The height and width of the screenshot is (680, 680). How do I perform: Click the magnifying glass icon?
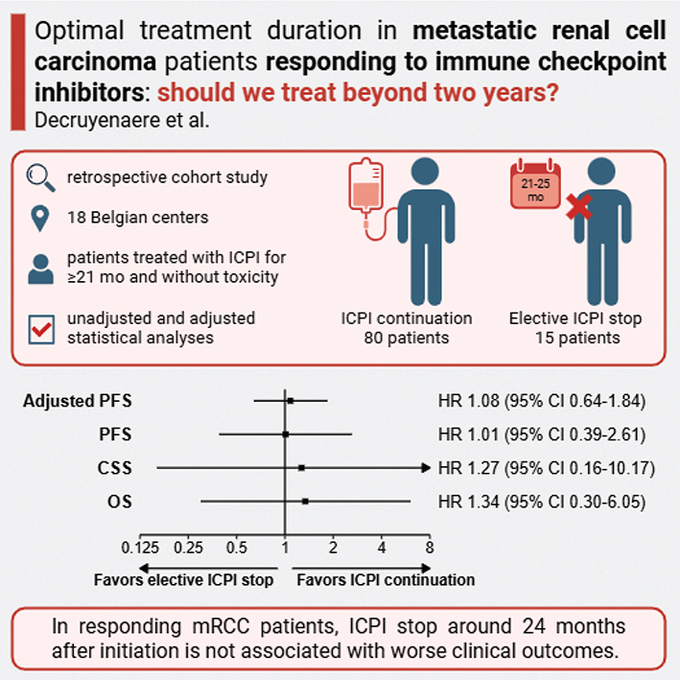pyautogui.click(x=40, y=178)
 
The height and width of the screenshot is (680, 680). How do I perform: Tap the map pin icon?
pyautogui.click(x=40, y=218)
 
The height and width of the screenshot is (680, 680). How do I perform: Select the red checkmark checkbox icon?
pyautogui.click(x=41, y=330)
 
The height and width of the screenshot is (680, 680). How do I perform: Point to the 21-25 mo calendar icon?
pyautogui.click(x=535, y=185)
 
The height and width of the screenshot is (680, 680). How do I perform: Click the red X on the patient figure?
pyautogui.click(x=579, y=206)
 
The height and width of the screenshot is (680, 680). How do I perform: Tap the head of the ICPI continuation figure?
pyautogui.click(x=425, y=172)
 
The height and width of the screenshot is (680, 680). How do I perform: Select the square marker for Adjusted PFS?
pyautogui.click(x=291, y=401)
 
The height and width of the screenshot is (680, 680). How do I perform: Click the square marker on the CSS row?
pyautogui.click(x=301, y=468)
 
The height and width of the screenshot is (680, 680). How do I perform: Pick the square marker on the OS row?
pyautogui.click(x=305, y=502)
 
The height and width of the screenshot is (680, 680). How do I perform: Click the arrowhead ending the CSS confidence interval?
pyautogui.click(x=426, y=468)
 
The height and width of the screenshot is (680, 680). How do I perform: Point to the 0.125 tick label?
pyautogui.click(x=140, y=548)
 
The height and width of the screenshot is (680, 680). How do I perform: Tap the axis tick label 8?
pyautogui.click(x=430, y=548)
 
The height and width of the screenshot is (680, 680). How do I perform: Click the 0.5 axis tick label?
pyautogui.click(x=236, y=548)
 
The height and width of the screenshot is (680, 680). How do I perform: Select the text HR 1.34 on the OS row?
pyautogui.click(x=468, y=502)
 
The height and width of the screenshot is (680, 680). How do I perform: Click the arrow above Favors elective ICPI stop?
pyautogui.click(x=208, y=568)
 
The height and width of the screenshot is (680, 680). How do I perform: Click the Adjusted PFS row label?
pyautogui.click(x=78, y=401)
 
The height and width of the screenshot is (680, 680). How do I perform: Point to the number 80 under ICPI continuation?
pyautogui.click(x=373, y=338)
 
